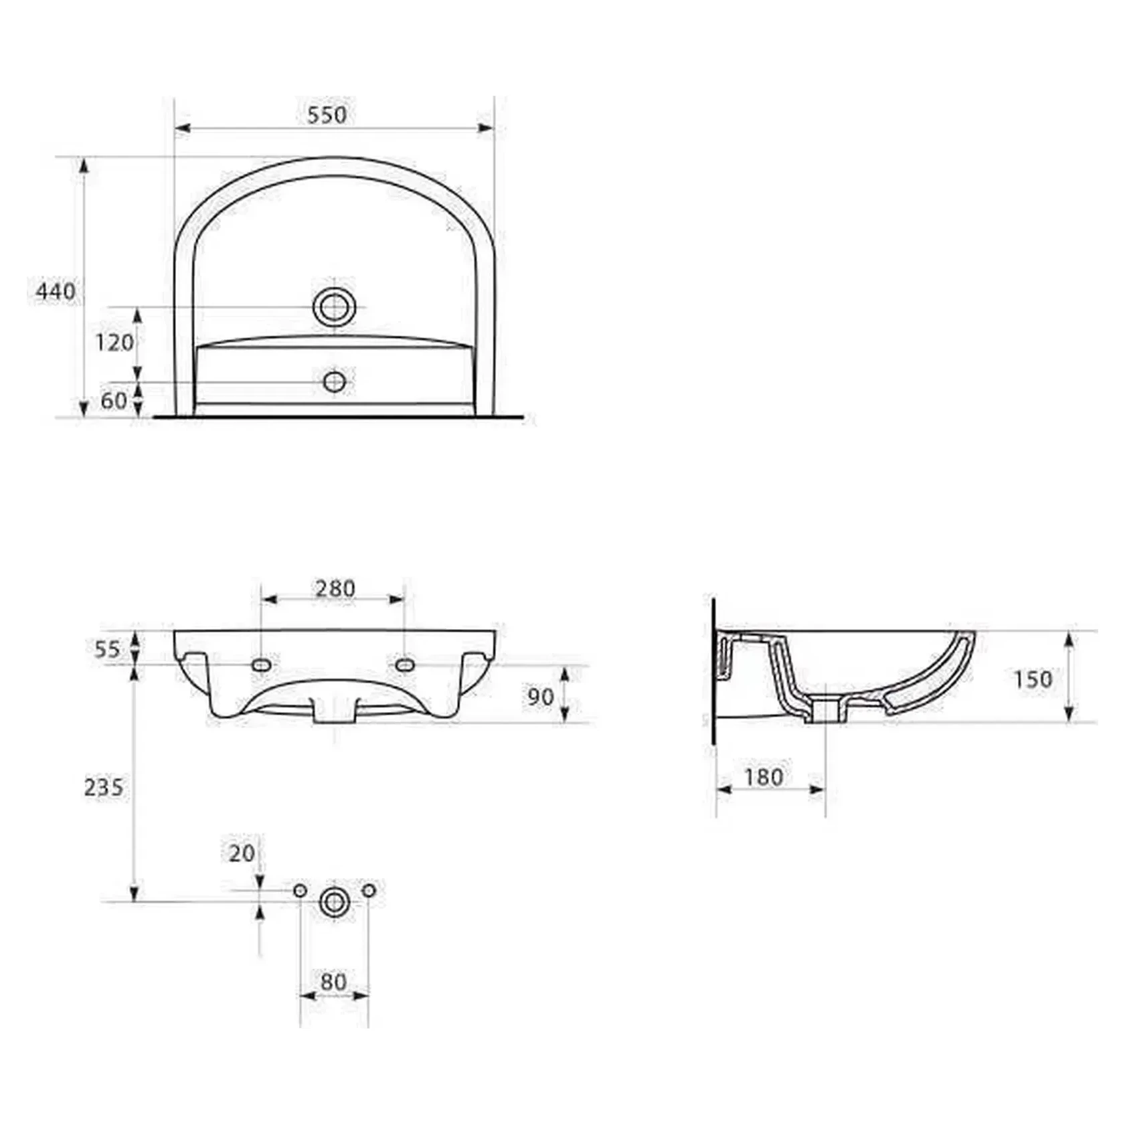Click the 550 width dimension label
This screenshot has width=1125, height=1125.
(x=327, y=114)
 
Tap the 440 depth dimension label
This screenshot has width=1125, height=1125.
(x=56, y=291)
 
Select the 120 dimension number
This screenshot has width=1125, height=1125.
(x=114, y=343)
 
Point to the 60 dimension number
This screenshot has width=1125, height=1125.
(x=114, y=400)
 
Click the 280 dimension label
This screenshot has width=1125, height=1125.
(x=335, y=588)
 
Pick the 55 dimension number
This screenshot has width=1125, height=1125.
(x=107, y=648)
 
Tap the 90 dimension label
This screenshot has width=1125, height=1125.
(x=541, y=697)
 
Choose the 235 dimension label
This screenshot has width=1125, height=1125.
(x=104, y=787)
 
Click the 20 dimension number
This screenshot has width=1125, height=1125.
(x=242, y=853)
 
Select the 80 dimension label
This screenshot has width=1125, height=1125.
(x=333, y=982)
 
